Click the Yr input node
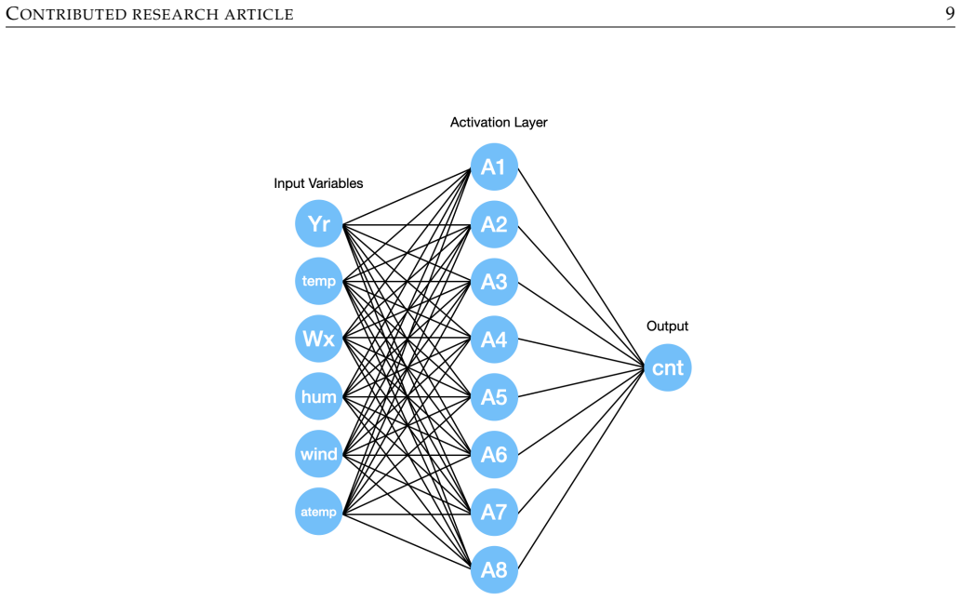(319, 223)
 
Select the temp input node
(319, 281)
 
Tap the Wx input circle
(319, 339)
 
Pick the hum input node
(319, 396)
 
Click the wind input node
(319, 454)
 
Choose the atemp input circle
(319, 512)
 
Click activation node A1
(494, 167)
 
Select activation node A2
(494, 224)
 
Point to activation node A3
(494, 282)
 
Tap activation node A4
(494, 340)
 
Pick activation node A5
(494, 397)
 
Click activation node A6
(494, 455)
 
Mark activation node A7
(494, 513)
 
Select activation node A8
(494, 570)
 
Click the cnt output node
(668, 367)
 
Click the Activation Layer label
(499, 123)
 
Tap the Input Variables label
(318, 183)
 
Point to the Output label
(667, 327)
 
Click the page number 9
(950, 13)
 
